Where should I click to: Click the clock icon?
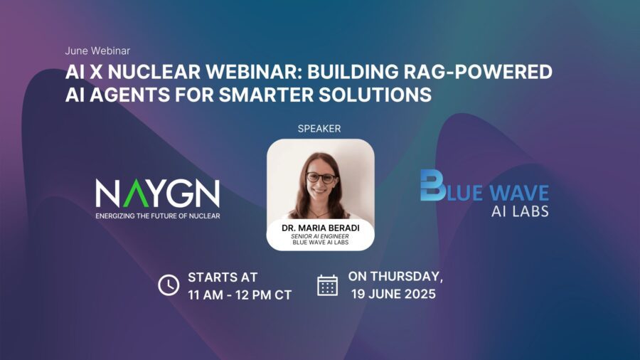click(x=169, y=285)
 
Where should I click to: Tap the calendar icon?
click(x=327, y=285)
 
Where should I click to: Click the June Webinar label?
click(x=97, y=51)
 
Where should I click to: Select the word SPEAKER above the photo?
click(x=319, y=129)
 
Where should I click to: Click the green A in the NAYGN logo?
click(x=136, y=193)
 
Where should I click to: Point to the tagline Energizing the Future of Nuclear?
click(x=158, y=216)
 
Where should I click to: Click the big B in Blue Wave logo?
click(x=432, y=185)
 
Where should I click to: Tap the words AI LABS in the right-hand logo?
click(x=520, y=211)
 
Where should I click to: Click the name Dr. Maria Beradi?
click(x=321, y=228)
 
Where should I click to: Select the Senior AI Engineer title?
click(x=320, y=236)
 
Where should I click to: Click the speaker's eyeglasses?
click(x=321, y=178)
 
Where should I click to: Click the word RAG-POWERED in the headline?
click(x=478, y=72)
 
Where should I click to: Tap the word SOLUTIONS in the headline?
click(x=375, y=95)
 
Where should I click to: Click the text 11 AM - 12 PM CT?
click(x=240, y=295)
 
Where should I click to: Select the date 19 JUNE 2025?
click(x=393, y=294)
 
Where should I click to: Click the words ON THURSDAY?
click(x=395, y=277)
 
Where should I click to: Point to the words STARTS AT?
click(x=223, y=277)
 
